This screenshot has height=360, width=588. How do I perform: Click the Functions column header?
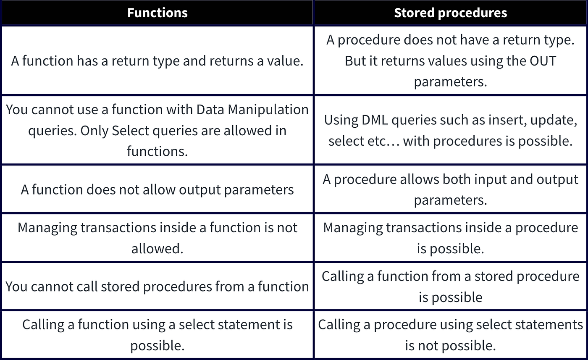(157, 13)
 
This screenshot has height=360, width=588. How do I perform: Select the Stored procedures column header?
(450, 13)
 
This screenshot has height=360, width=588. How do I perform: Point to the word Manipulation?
(268, 110)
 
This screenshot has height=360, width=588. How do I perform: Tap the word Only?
(94, 131)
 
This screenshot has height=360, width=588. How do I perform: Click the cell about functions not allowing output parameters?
(157, 189)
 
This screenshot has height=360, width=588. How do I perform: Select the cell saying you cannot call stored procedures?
(157, 286)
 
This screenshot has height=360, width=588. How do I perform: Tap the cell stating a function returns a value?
(157, 61)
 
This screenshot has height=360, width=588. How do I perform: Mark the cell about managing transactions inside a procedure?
(450, 238)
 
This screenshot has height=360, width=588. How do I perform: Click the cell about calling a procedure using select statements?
(450, 335)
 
